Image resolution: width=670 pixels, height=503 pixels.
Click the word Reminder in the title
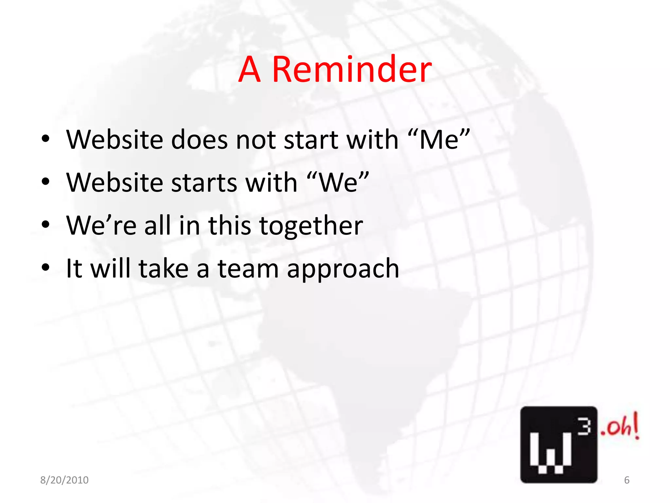click(x=352, y=69)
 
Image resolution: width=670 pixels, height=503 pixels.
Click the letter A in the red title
click(x=249, y=69)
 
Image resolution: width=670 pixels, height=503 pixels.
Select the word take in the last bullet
click(x=164, y=269)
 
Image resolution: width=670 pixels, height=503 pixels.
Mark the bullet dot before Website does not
click(x=45, y=139)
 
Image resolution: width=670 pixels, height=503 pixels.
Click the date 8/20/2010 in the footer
click(x=64, y=480)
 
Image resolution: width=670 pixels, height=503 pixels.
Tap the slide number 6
click(x=626, y=480)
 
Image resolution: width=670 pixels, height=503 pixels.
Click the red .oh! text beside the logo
click(x=620, y=427)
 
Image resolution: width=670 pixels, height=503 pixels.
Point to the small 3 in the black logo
click(x=584, y=427)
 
